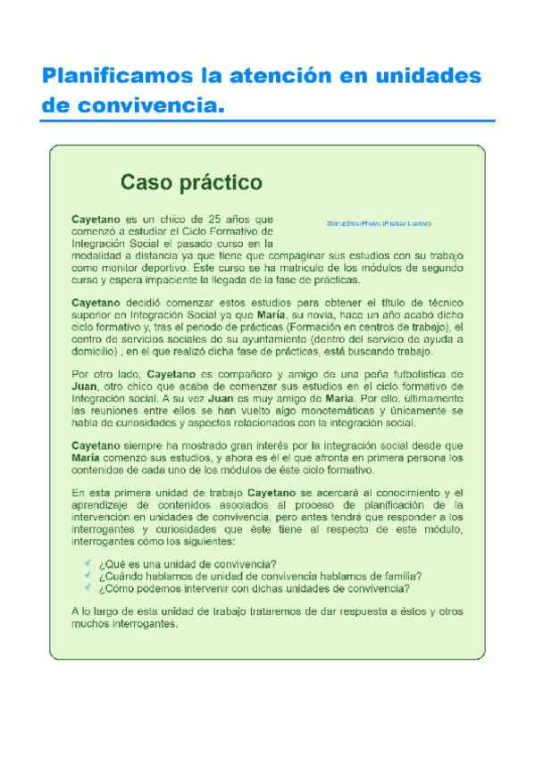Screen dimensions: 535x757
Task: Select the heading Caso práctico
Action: click(191, 183)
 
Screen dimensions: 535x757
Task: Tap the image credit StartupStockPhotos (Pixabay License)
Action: click(378, 221)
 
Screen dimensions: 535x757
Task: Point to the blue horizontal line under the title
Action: click(268, 121)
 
